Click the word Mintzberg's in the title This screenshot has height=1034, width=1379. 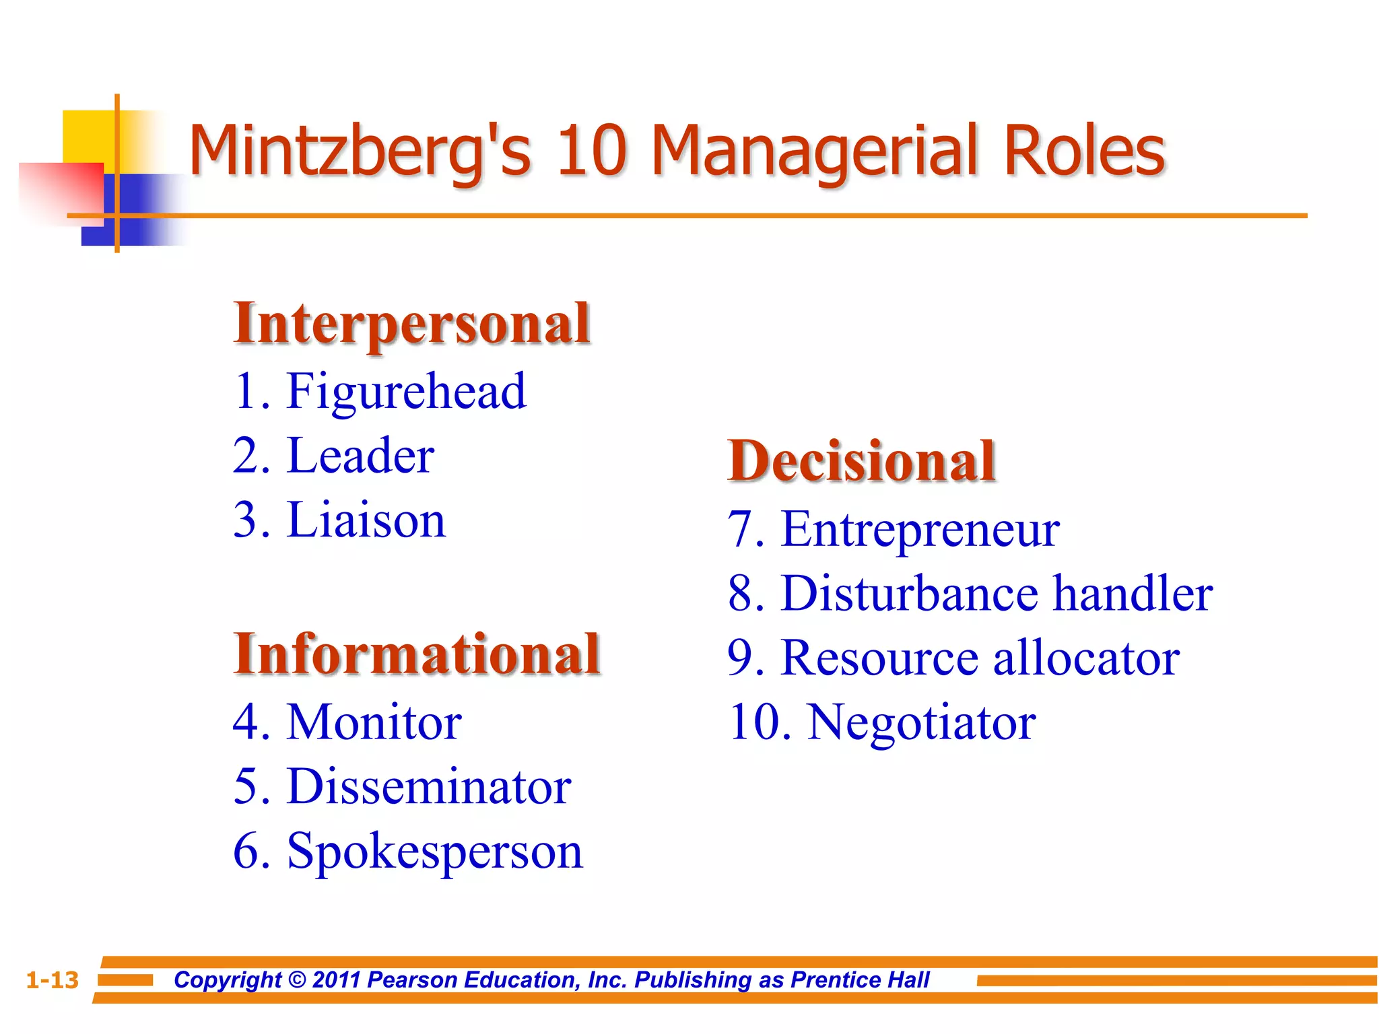click(x=360, y=151)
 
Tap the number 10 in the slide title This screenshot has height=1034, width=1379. click(x=592, y=151)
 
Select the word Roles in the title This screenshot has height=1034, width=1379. click(x=1083, y=151)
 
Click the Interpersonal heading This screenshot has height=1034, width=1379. click(x=411, y=324)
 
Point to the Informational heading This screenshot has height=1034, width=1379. click(x=417, y=654)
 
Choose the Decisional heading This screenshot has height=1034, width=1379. click(x=861, y=461)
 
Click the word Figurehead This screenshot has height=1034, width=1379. click(x=406, y=391)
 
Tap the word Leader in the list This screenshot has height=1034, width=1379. click(x=360, y=456)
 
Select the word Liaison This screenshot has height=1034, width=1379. click(x=366, y=520)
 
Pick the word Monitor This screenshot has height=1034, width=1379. click(x=374, y=722)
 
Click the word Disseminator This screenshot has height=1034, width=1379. click(x=429, y=786)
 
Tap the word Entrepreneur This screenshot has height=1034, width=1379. click(x=920, y=530)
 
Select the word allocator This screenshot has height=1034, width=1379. click(x=1086, y=658)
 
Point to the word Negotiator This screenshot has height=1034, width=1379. click(x=921, y=722)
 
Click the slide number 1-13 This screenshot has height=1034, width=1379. click(x=53, y=980)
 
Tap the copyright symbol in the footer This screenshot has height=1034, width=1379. click(x=297, y=980)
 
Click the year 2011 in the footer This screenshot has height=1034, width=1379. click(x=337, y=980)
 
